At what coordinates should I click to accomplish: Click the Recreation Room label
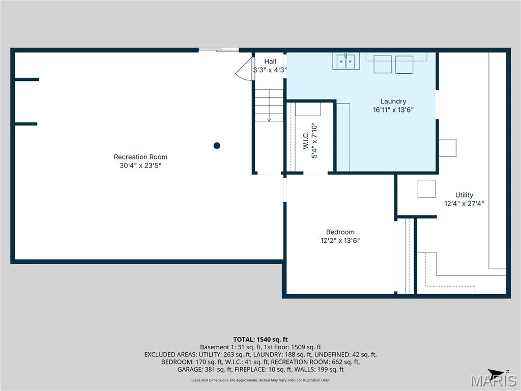coord(140,157)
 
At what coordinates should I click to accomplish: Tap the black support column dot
coord(217,146)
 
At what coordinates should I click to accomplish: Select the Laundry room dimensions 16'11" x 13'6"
coord(393,109)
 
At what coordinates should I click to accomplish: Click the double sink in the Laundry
coord(346,61)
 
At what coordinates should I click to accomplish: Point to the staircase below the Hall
coord(269,105)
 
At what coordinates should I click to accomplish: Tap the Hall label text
coord(270,62)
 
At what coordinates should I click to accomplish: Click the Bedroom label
coord(340,232)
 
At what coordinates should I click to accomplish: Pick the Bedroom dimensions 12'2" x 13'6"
coord(340,241)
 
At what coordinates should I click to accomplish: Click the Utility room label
coord(464,195)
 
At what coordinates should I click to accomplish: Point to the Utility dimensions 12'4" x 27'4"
coord(464,203)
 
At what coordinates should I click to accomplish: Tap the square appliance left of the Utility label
coord(426,189)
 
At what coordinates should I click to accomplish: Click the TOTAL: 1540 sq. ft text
coord(260,339)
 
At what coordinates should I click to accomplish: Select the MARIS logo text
coord(494,381)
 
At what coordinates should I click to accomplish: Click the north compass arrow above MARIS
coord(496,373)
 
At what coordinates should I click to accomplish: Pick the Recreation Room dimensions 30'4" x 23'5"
coord(140,165)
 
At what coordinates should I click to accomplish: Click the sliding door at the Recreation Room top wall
coord(218,50)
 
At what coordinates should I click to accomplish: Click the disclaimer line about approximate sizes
coord(260,380)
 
